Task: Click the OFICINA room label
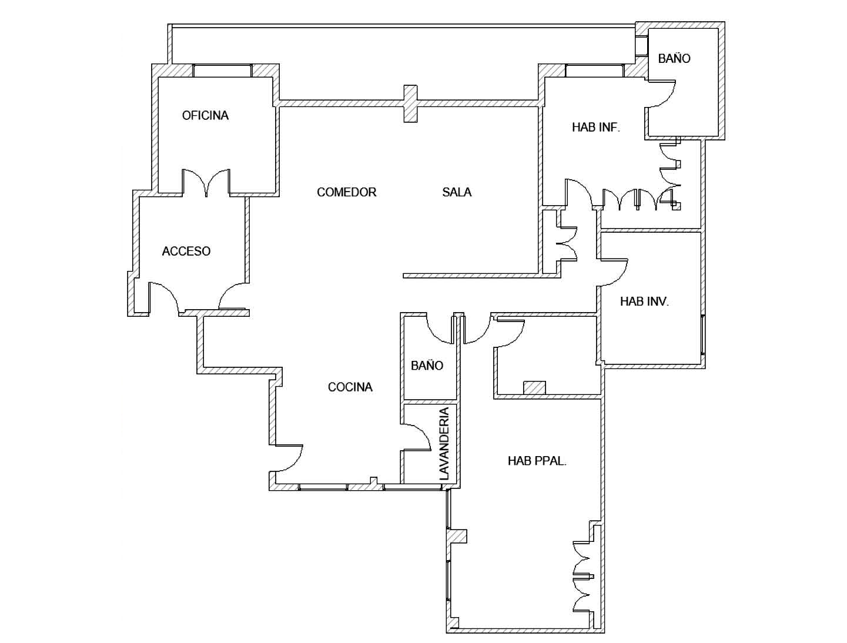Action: click(x=205, y=115)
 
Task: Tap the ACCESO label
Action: click(x=186, y=251)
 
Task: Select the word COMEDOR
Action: click(x=346, y=192)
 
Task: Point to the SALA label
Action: click(x=457, y=192)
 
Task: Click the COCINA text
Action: click(x=350, y=387)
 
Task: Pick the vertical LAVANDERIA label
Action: click(x=444, y=444)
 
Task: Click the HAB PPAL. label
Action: click(x=537, y=461)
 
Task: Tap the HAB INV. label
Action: click(x=644, y=302)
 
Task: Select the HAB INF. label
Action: click(x=596, y=127)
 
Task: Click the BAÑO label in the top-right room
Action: click(x=674, y=58)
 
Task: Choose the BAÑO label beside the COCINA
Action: click(x=427, y=366)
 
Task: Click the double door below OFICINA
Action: click(x=206, y=182)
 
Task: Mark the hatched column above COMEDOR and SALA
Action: click(x=410, y=104)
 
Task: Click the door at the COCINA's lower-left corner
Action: click(x=288, y=458)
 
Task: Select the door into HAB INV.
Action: click(x=614, y=271)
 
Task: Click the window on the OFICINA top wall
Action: click(x=223, y=70)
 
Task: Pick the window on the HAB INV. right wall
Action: click(x=702, y=335)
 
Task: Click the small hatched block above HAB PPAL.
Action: click(x=534, y=388)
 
